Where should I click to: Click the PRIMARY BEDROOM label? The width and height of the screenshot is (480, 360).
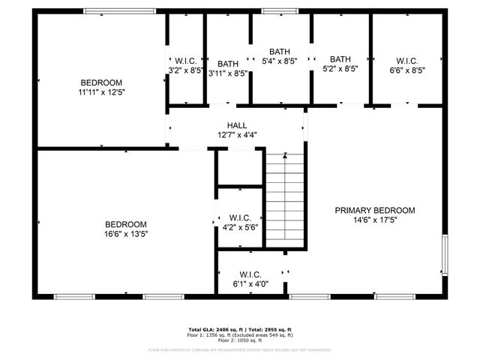tap(374, 210)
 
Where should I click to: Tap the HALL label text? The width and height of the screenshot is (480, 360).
tap(237, 125)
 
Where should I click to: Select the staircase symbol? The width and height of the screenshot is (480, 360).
tap(286, 199)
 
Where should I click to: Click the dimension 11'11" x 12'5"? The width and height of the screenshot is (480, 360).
tap(101, 92)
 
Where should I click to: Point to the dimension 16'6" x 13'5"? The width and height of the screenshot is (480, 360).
tap(125, 233)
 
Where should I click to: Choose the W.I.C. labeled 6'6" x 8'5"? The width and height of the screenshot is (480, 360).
tap(406, 61)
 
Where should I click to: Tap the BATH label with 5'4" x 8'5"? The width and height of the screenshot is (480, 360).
tap(280, 52)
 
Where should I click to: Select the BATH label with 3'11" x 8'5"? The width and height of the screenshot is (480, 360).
tap(228, 64)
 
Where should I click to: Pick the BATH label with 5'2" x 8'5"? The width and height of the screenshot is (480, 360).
tap(340, 58)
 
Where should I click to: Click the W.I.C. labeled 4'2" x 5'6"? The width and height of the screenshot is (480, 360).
tap(239, 217)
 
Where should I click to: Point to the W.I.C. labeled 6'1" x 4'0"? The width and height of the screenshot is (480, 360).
tap(249, 274)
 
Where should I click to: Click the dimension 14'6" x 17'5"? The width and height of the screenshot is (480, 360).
tap(374, 220)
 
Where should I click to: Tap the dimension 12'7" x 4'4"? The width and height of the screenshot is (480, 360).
tap(237, 135)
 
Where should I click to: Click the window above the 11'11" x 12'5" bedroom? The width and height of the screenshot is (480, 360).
tap(119, 11)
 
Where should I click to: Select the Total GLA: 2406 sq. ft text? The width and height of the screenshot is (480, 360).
tap(213, 329)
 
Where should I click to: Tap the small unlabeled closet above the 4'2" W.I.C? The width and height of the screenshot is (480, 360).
tap(239, 168)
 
